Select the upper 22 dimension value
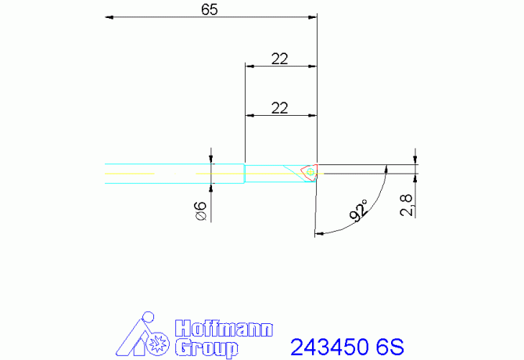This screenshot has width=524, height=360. click(280, 58)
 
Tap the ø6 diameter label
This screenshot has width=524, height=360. click(199, 211)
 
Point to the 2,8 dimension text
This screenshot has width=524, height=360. click(405, 205)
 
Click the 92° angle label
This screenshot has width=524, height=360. click(361, 211)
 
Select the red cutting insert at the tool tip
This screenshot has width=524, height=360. click(310, 171)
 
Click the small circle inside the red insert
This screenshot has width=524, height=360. click(310, 171)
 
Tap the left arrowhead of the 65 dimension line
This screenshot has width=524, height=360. click(109, 16)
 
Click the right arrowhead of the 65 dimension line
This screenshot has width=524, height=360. click(313, 16)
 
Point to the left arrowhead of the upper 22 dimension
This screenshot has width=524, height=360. click(249, 66)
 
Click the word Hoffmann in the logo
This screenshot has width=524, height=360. click(222, 329)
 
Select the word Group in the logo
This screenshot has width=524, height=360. click(205, 347)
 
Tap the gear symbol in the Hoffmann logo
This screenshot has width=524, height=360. click(158, 344)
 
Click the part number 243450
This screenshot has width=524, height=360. click(328, 346)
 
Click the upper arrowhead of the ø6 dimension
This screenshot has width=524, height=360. click(211, 159)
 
